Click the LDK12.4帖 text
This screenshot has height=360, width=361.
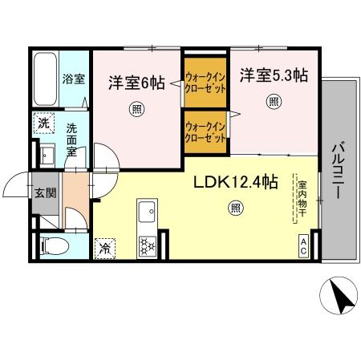[x=235, y=183]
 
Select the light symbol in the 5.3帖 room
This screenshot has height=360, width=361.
[x=274, y=102]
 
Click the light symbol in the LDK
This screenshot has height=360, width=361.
[x=235, y=208]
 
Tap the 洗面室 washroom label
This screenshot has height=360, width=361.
[x=73, y=140]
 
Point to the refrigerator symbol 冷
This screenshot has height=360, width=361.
[x=105, y=249]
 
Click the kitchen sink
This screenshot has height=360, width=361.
[x=147, y=213]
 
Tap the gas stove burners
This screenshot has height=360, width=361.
[x=147, y=245]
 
